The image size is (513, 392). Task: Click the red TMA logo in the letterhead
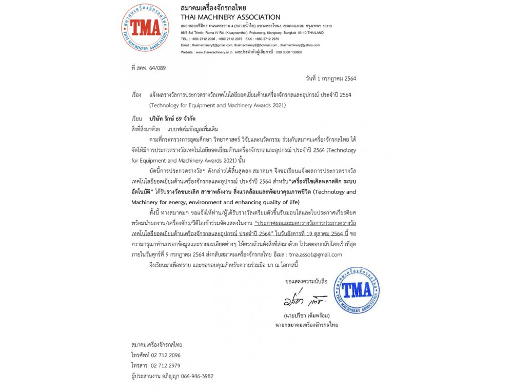click(x=145, y=28)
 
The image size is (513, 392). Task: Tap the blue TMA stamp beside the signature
click(x=357, y=290)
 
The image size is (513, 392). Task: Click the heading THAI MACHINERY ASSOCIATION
click(x=230, y=17)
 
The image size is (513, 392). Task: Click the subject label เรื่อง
click(x=136, y=95)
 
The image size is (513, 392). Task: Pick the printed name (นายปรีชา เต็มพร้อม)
click(x=306, y=315)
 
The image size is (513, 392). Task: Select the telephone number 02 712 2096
click(x=166, y=355)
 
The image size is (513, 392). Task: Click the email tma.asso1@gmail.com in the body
click(x=315, y=254)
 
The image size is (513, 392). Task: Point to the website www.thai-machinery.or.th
click(x=214, y=52)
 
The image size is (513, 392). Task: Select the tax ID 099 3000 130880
click(x=283, y=52)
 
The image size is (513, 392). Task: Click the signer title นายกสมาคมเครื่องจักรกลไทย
click(x=306, y=325)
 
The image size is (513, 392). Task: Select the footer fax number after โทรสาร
click(x=165, y=365)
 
